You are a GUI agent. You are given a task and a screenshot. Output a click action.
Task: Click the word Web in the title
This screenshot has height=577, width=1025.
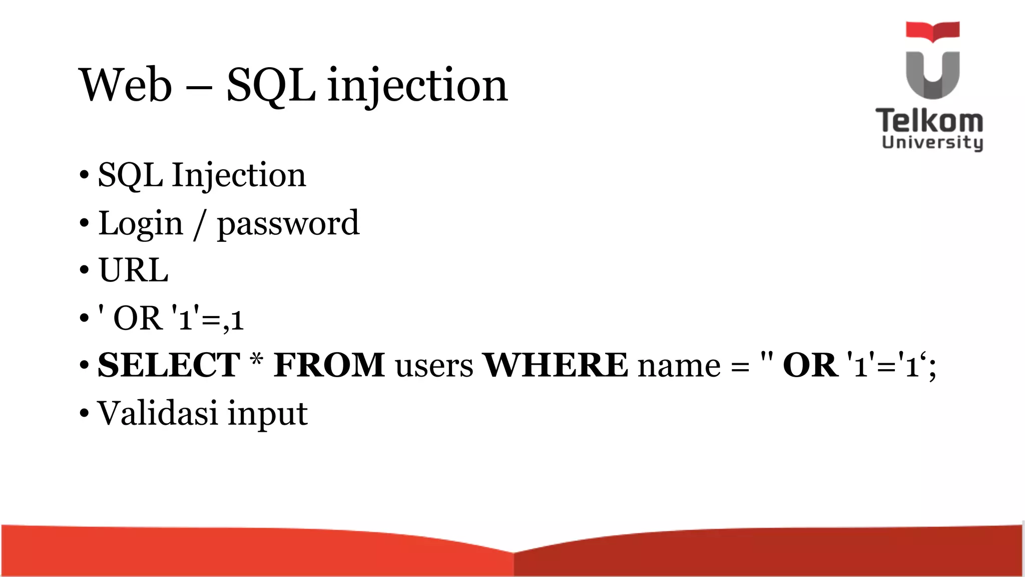point(126,85)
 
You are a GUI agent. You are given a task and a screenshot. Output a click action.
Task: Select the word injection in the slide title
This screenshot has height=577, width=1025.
point(417,86)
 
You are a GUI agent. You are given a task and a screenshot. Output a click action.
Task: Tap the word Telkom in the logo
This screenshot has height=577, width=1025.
point(929,121)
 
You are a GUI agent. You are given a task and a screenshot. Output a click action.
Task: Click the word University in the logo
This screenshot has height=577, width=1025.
point(932,142)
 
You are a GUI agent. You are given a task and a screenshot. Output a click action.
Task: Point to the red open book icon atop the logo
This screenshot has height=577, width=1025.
point(932,31)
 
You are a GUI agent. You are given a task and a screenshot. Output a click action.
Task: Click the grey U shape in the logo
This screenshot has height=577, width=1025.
point(932,75)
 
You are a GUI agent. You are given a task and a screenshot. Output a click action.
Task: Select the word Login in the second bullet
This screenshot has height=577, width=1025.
point(141,223)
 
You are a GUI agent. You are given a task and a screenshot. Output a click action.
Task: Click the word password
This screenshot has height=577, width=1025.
point(288,224)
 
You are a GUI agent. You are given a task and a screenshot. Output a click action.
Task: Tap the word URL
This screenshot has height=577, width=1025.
point(133,270)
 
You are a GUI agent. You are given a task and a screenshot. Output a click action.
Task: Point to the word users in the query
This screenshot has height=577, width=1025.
point(434,366)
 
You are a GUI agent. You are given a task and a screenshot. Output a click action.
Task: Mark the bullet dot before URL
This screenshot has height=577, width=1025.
point(84,270)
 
